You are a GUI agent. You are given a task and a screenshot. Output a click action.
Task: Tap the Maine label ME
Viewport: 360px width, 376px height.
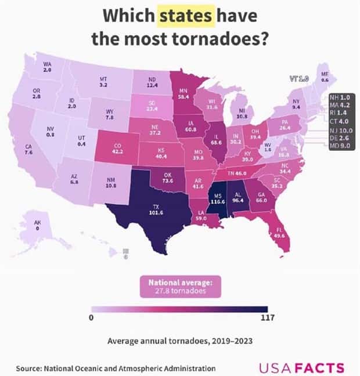coord(325,74)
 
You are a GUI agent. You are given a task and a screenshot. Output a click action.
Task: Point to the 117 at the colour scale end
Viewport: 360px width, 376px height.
coord(267,318)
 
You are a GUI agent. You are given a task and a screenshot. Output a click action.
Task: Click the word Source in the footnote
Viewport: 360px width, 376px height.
coord(30,368)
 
